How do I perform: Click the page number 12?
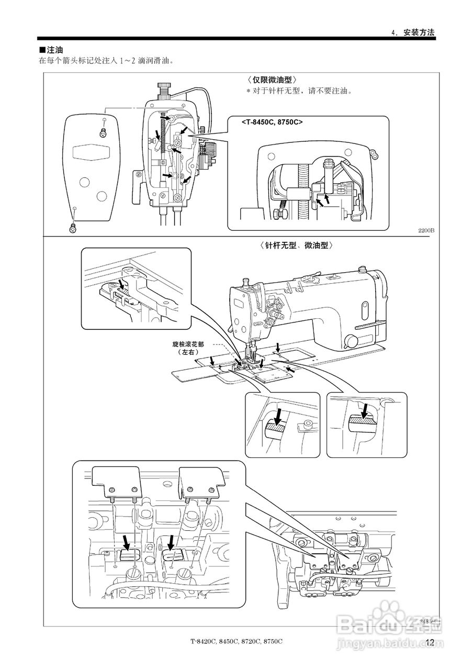[x=430, y=643]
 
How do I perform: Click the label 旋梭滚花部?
[x=188, y=345]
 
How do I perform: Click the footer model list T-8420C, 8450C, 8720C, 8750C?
[x=236, y=642]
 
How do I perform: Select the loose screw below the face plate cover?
[x=73, y=227]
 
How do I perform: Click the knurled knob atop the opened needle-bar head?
[x=165, y=86]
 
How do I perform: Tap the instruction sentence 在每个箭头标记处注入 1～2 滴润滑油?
[x=106, y=61]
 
